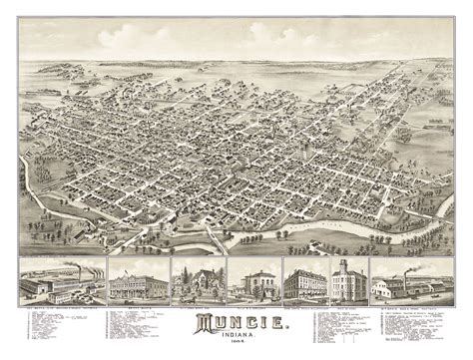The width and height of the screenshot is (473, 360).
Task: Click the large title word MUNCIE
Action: pos(236,322)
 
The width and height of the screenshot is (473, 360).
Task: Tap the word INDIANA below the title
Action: pos(236,336)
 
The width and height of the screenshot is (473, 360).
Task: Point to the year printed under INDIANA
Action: pos(236,343)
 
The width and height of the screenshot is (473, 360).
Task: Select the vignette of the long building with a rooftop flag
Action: pos(137,283)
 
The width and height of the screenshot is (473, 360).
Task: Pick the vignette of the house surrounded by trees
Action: pos(197,283)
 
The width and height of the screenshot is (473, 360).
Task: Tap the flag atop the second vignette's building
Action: pos(137,266)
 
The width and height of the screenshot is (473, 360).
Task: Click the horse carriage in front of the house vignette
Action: pos(184,296)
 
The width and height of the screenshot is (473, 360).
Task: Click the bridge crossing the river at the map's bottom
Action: pos(213,242)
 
